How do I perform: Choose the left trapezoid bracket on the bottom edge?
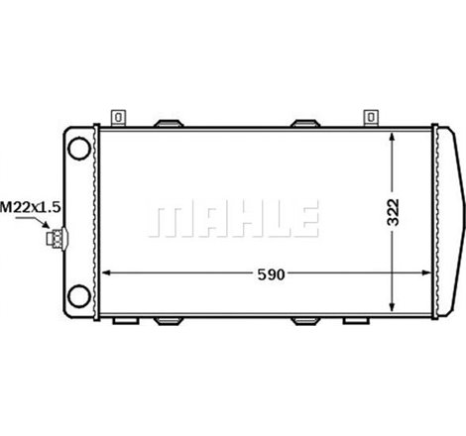170,322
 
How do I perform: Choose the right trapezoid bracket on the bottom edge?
306,322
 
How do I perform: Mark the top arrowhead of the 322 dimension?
397,136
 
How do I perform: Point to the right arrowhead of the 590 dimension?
433,273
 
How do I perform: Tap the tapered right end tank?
450,218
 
